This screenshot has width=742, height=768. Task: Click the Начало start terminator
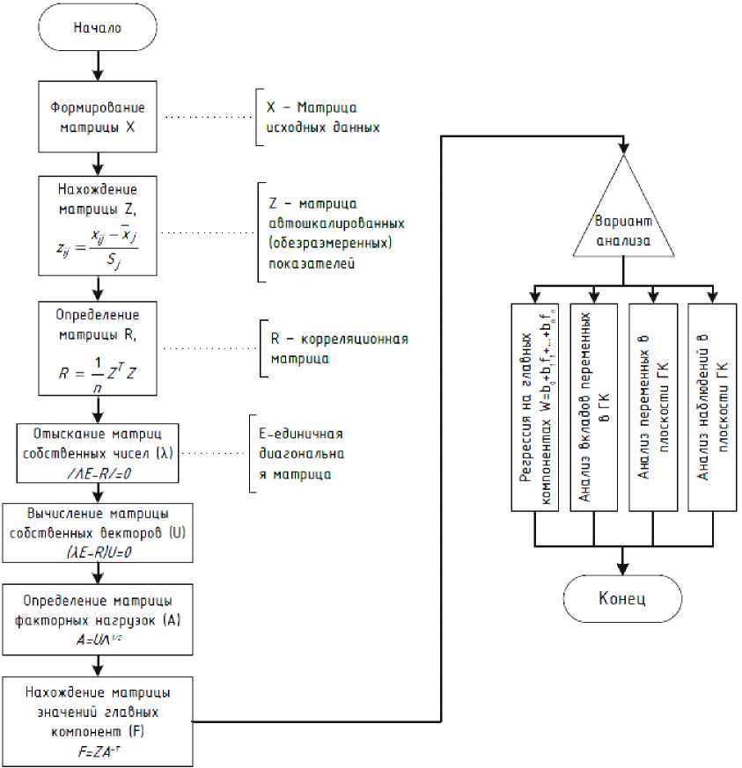tap(97, 27)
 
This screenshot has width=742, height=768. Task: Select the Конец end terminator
tap(622, 598)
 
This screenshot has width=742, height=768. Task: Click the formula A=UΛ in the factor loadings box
tap(98, 640)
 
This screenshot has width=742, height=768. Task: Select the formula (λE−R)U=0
tap(98, 552)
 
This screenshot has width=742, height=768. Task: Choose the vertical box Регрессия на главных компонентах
tap(535, 406)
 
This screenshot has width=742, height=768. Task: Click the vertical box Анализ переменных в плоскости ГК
tap(652, 406)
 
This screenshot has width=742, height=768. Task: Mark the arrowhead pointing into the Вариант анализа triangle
tap(622, 147)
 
